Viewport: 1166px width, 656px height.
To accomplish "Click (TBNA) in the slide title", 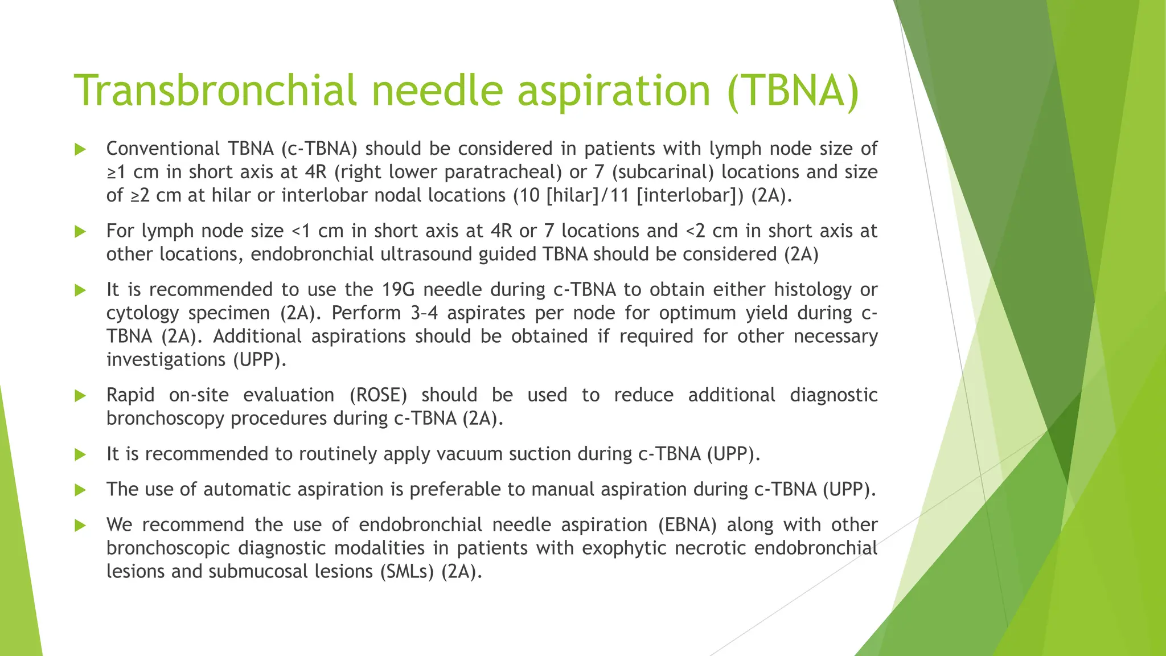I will [x=793, y=91].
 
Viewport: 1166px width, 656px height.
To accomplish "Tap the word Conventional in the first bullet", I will [x=162, y=149].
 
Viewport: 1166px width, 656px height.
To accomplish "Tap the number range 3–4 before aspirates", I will [x=424, y=313].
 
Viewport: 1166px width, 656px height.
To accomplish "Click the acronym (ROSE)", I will [x=378, y=395].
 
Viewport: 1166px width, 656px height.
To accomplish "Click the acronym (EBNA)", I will [x=687, y=524].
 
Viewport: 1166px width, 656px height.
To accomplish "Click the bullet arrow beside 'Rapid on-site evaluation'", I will [x=80, y=396].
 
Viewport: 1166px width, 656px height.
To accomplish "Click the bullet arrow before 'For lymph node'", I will [x=80, y=232].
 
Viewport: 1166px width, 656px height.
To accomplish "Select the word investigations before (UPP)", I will [x=166, y=359].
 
